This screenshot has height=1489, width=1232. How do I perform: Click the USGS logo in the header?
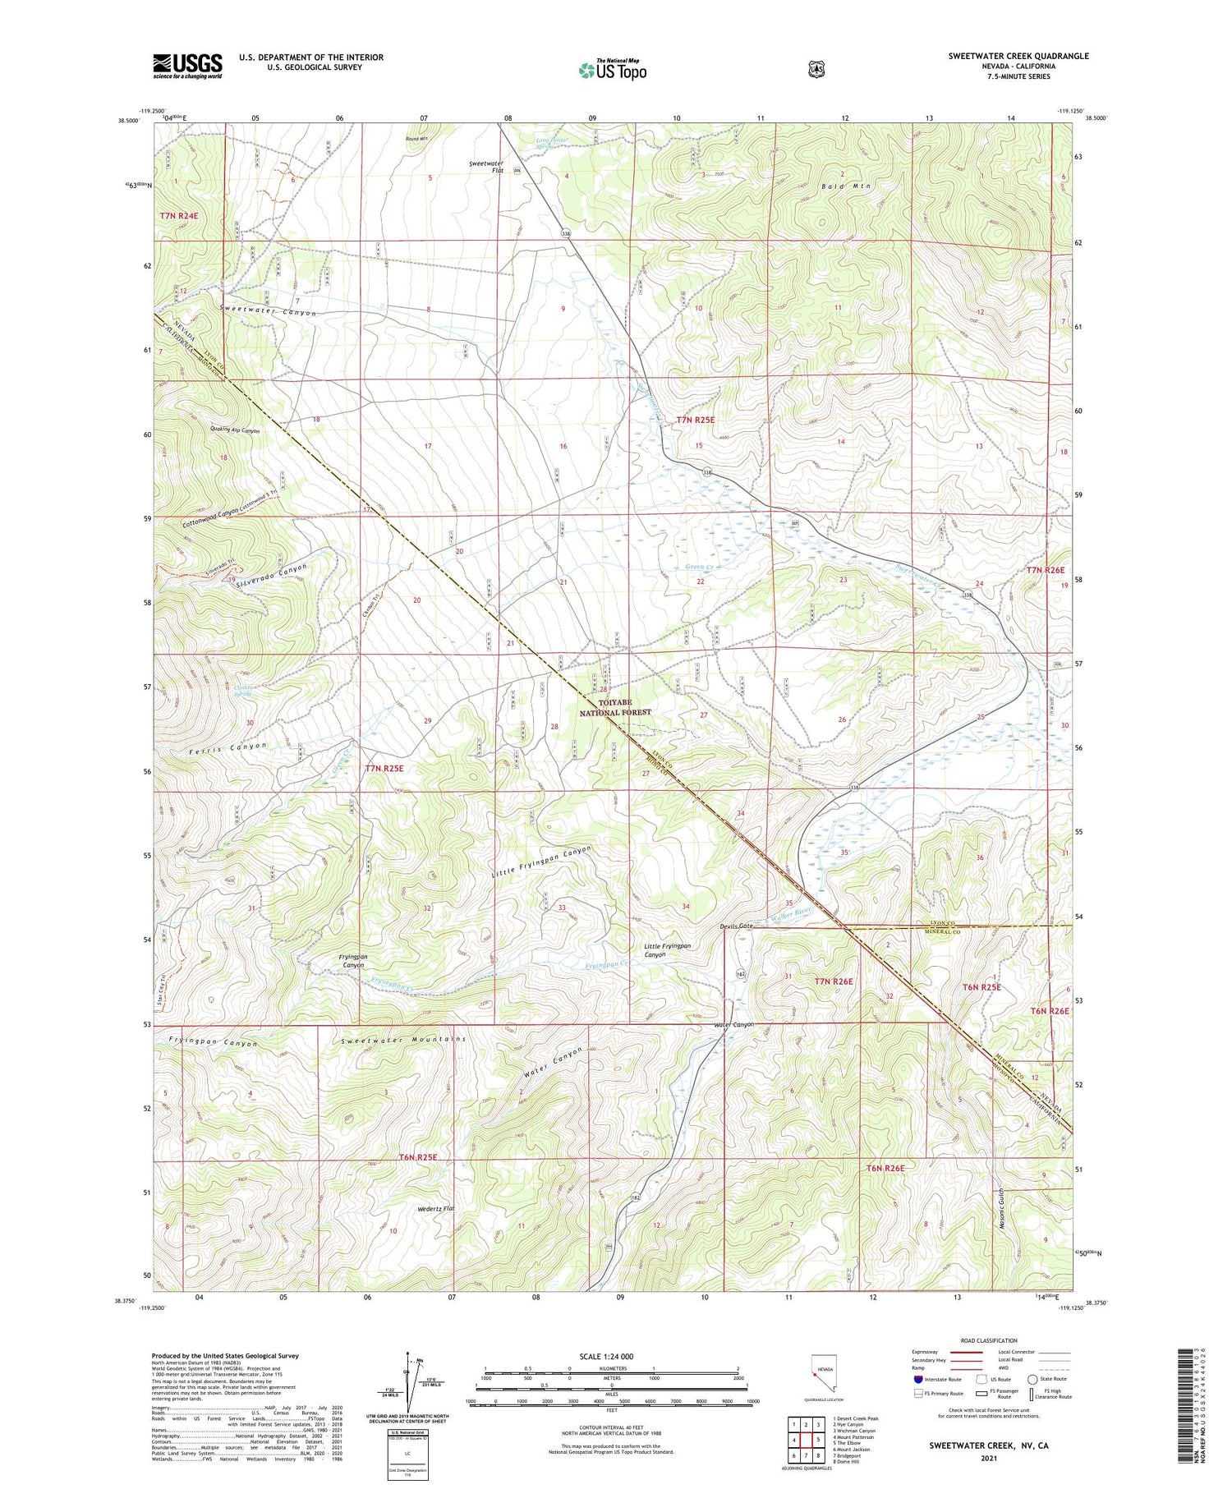[x=187, y=66]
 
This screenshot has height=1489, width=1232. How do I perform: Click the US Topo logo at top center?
[x=613, y=70]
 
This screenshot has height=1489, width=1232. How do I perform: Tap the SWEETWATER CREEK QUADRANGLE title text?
[x=1018, y=56]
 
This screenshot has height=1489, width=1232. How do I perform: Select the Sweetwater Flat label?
[x=485, y=168]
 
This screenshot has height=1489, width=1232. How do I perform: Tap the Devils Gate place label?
[x=735, y=926]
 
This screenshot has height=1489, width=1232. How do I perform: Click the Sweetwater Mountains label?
[x=404, y=1040]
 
